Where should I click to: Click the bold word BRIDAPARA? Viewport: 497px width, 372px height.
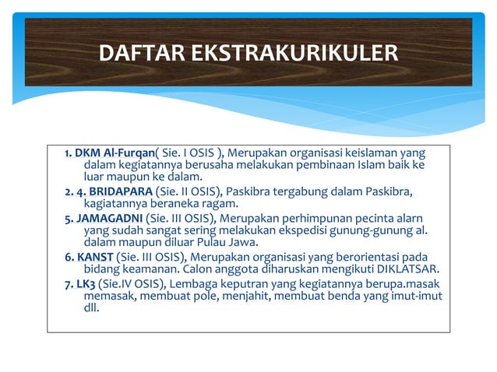pyautogui.click(x=121, y=191)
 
